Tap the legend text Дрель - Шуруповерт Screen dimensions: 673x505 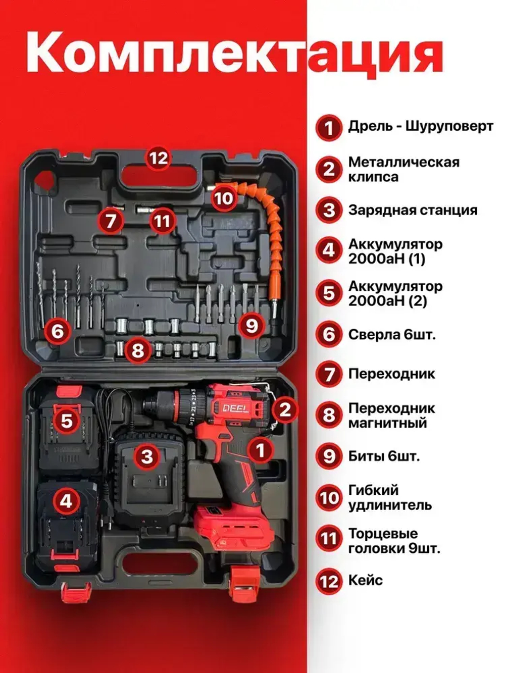[x=420, y=126]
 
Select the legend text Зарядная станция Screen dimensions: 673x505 [x=412, y=210]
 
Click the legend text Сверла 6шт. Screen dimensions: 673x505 [x=391, y=335]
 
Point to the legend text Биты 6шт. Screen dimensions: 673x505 [x=384, y=456]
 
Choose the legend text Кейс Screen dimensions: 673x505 [x=365, y=580]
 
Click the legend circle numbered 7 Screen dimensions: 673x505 [x=329, y=374]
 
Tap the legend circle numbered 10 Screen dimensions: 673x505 [x=329, y=498]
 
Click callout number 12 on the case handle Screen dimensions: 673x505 [x=159, y=158]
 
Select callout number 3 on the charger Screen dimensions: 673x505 [x=147, y=457]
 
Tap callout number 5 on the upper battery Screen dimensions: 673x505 [x=67, y=421]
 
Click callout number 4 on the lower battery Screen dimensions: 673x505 [x=66, y=501]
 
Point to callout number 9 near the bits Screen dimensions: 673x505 [x=251, y=325]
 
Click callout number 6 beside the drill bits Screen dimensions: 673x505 [x=58, y=331]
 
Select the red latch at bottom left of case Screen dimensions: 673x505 [x=76, y=593]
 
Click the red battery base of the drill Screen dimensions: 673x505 [x=233, y=530]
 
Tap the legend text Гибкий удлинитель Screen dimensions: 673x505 [x=389, y=498]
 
